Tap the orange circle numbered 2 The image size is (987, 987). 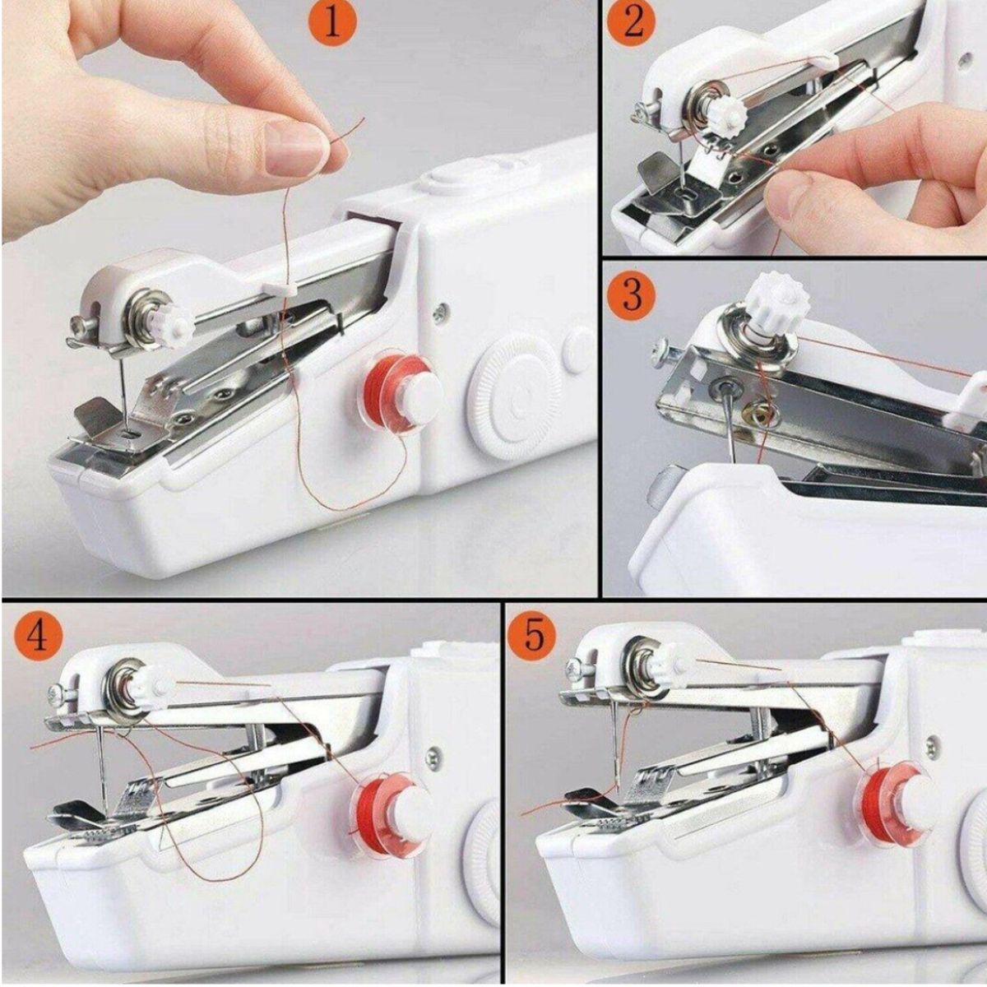pyautogui.click(x=633, y=24)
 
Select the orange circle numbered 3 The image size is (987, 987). pyautogui.click(x=632, y=294)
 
